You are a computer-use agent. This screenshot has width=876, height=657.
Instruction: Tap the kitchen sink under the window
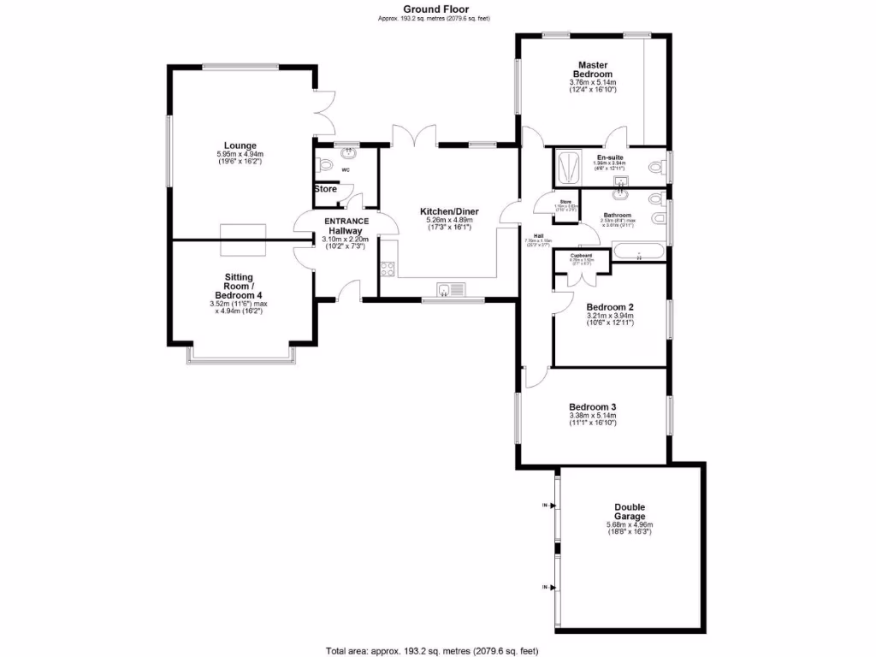click(450, 289)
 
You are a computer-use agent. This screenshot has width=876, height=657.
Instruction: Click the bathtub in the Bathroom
click(638, 252)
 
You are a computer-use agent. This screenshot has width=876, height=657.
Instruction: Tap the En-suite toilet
click(658, 166)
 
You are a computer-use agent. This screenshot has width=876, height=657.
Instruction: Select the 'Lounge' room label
click(240, 145)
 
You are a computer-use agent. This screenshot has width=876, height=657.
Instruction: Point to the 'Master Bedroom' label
click(593, 69)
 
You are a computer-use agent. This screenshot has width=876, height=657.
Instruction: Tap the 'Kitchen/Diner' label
click(449, 211)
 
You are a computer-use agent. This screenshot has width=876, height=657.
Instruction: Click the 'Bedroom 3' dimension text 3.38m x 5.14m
click(593, 416)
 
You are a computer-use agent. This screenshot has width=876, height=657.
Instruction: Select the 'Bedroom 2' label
click(609, 306)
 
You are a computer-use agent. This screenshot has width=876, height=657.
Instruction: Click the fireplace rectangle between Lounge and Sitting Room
click(243, 240)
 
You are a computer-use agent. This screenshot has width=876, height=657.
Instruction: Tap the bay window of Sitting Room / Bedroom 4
click(242, 356)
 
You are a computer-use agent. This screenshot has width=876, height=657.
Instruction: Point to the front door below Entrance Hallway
click(346, 293)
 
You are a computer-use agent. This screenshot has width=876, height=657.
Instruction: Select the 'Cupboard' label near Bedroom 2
click(582, 255)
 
